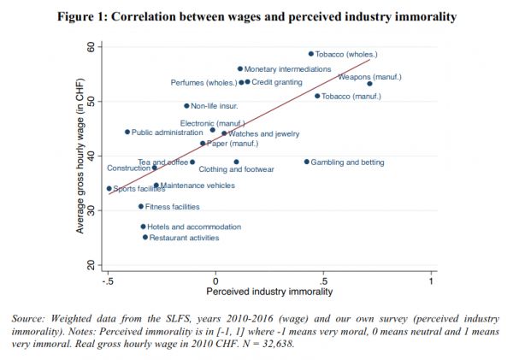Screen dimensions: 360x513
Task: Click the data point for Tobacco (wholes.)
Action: pos(311,54)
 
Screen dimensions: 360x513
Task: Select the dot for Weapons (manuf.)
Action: pos(369,84)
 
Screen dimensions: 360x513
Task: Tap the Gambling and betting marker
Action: pos(307,162)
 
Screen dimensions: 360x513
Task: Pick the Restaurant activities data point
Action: pos(145,237)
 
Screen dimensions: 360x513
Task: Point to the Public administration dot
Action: pos(127,132)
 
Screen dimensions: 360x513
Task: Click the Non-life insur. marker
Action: pos(186,106)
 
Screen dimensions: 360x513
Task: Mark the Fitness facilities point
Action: pos(141,206)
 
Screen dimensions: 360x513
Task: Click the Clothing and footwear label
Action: pos(236,170)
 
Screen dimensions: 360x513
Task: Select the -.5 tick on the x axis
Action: pos(108,280)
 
